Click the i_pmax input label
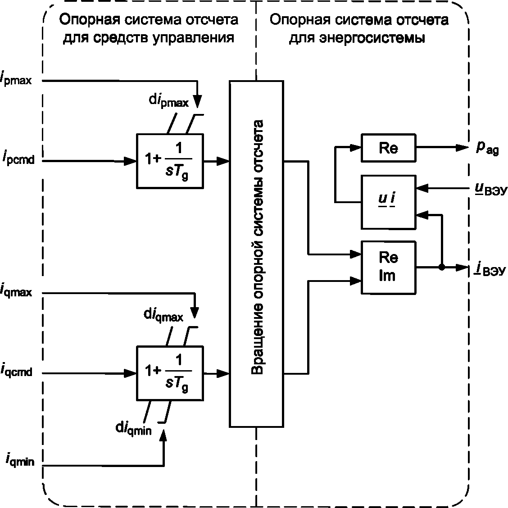pos(16,78)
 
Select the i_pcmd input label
pos(18,158)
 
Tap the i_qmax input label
pos(16,290)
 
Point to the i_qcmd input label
pos(16,370)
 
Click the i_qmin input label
pos(20,460)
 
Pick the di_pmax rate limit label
pos(168,100)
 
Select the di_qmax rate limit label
pos(163,315)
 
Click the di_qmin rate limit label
pos(133,429)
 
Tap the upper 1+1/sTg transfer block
pos(170,161)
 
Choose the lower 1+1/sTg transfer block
pos(170,373)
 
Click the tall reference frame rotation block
pos(257,254)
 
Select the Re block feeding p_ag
pos(389,148)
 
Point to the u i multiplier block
pos(389,203)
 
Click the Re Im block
pos(389,268)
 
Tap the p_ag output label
pos(487,148)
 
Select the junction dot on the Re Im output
pos(442,267)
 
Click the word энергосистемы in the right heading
pos(372,38)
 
